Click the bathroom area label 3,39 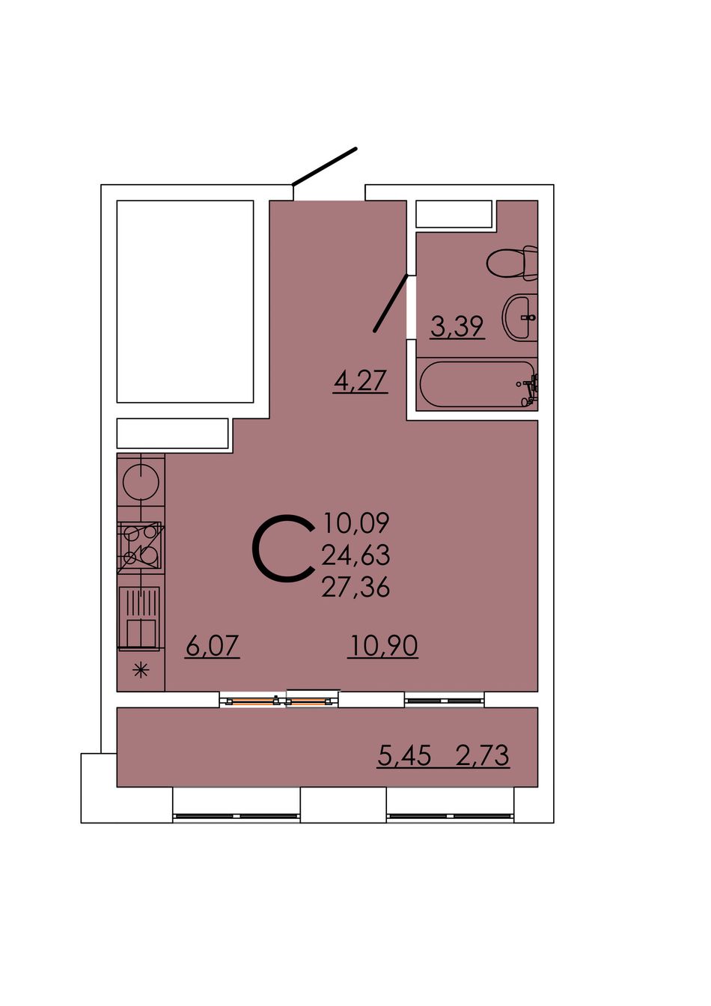(x=457, y=326)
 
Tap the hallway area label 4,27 (x=360, y=381)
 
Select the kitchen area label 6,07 (x=212, y=647)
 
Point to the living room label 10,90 (x=383, y=647)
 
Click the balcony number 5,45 (x=404, y=755)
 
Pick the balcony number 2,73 (x=483, y=755)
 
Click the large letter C (x=282, y=548)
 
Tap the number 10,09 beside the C (x=356, y=523)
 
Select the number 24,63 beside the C (x=355, y=555)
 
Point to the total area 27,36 (x=355, y=588)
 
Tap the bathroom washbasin (x=520, y=318)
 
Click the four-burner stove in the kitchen (x=141, y=547)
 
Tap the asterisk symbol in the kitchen (x=141, y=671)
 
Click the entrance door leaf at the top (x=324, y=166)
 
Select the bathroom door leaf (x=391, y=303)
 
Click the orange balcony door (x=279, y=701)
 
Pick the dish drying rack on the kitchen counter (x=139, y=617)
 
